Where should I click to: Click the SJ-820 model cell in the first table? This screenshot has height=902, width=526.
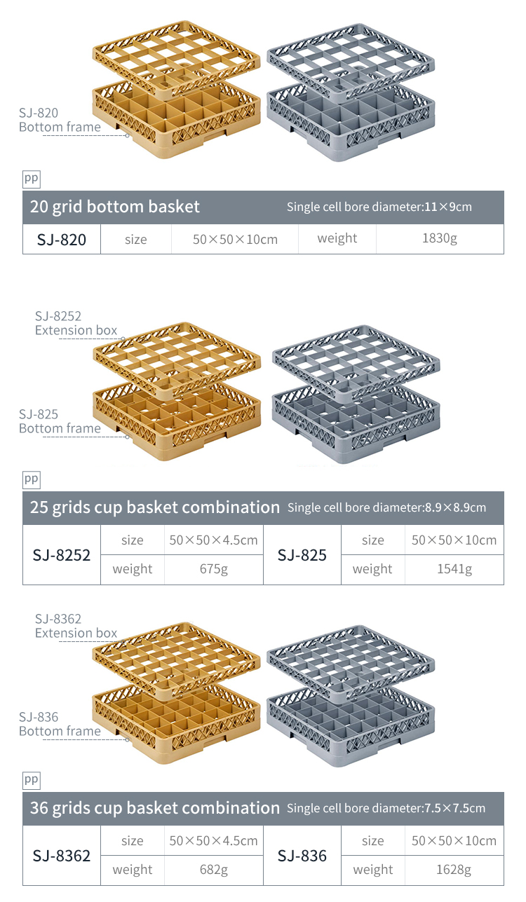click(62, 240)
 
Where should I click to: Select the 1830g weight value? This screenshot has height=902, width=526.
click(440, 239)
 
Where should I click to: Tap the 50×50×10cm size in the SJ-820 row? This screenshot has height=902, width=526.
click(235, 240)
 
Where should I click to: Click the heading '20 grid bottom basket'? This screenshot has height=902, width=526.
click(115, 207)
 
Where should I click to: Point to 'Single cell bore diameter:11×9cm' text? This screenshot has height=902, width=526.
click(379, 207)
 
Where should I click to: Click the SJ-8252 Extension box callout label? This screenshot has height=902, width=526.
click(76, 324)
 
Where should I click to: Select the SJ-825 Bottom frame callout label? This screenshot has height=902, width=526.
click(60, 421)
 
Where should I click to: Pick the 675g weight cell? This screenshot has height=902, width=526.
click(214, 569)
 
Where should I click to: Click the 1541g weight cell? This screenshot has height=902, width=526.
click(454, 569)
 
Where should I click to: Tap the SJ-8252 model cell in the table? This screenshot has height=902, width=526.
click(62, 555)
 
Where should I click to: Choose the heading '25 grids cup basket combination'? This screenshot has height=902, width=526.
click(155, 507)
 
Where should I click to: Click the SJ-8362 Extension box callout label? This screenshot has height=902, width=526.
click(76, 626)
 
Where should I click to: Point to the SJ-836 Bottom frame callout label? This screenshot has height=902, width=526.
click(60, 724)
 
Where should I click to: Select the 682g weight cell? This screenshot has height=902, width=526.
click(214, 870)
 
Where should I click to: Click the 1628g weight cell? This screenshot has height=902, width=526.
click(454, 870)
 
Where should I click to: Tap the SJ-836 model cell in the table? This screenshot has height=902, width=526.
click(302, 856)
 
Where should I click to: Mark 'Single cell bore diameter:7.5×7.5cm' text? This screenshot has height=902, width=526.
click(386, 808)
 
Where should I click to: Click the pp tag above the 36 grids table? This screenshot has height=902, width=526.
click(32, 779)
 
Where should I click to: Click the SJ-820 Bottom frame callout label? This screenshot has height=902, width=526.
click(60, 120)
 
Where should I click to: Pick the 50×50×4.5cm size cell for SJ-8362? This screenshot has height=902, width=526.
click(214, 840)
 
